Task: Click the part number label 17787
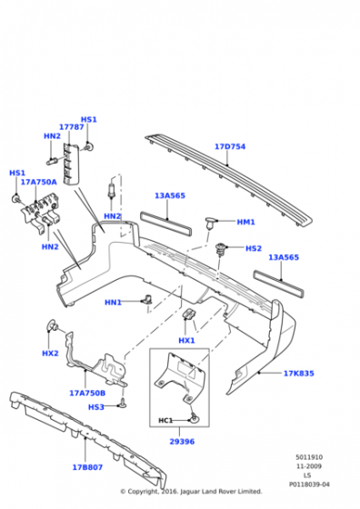[71, 127]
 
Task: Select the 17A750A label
[38, 182]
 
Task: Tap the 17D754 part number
[230, 146]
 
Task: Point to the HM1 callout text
[245, 222]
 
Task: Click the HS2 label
[253, 248]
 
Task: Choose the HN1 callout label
[113, 303]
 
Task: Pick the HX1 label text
[186, 340]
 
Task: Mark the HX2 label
[50, 353]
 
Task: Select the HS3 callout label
[95, 407]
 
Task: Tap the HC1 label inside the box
[166, 420]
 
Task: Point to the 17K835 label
[298, 373]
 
